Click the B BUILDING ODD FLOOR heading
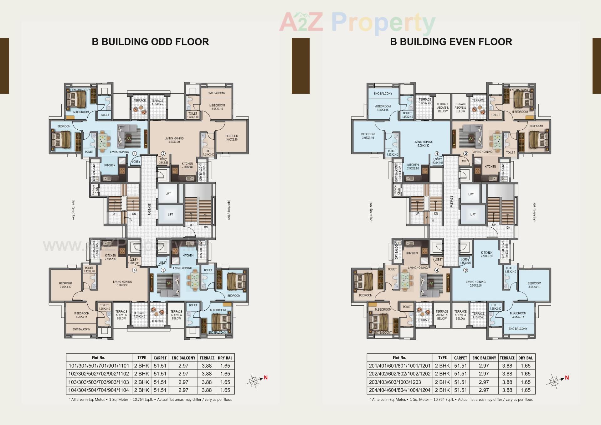pyautogui.click(x=150, y=42)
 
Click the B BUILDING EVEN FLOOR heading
pyautogui.click(x=451, y=42)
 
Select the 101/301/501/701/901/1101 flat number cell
pyautogui.click(x=99, y=365)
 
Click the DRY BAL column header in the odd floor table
pyautogui.click(x=225, y=358)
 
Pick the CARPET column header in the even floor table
pyautogui.click(x=460, y=358)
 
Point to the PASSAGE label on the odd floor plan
pyautogui.click(x=150, y=209)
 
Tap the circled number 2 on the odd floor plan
pyautogui.click(x=163, y=153)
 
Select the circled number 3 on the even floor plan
pyautogui.click(x=465, y=270)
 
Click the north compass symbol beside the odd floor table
pyautogui.click(x=255, y=381)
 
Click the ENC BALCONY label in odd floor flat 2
pyautogui.click(x=216, y=93)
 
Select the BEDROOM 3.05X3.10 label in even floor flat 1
pyautogui.click(x=368, y=136)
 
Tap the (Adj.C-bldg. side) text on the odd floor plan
pyautogui.click(x=73, y=210)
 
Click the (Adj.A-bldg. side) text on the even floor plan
pyautogui.click(x=534, y=212)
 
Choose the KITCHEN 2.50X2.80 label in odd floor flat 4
pyautogui.click(x=110, y=257)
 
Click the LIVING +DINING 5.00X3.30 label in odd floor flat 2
pyautogui.click(x=174, y=140)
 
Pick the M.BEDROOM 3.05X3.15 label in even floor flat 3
pyautogui.click(x=518, y=315)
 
